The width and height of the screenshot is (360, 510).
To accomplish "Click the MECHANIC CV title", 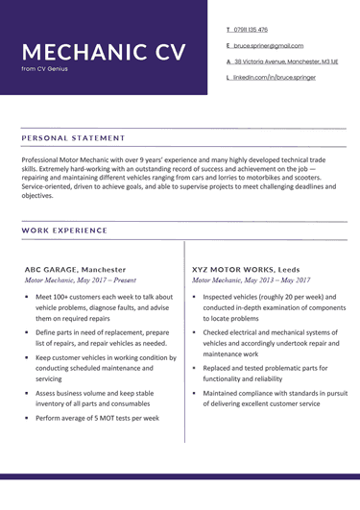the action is pos(104,51).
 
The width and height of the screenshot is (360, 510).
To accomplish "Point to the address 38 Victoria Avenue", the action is pos(285,61).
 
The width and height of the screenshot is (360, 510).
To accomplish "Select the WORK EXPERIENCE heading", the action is pos(66,231).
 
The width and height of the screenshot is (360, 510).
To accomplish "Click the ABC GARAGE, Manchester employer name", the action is pos(75,270).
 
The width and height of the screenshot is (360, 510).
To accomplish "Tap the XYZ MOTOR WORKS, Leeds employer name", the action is pos(246,270).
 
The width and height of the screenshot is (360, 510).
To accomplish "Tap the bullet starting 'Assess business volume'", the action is pos(94,399).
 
